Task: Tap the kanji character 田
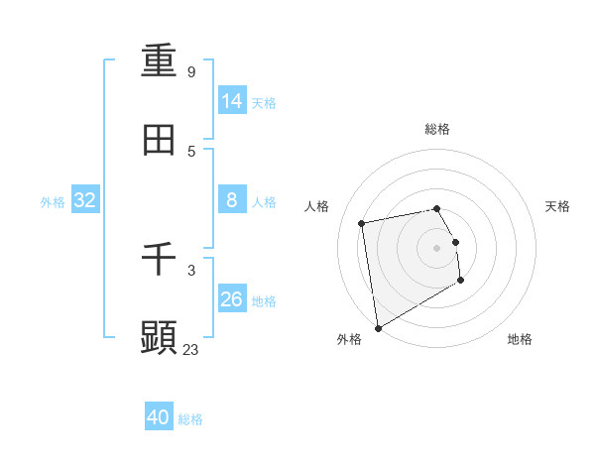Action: point(159,141)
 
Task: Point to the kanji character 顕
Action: point(159,338)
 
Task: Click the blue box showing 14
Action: point(232,100)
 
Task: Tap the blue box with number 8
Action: point(232,200)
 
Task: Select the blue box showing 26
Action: point(232,298)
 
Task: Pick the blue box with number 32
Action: point(85,200)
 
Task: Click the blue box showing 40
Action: point(159,417)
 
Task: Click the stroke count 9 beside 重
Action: point(191,72)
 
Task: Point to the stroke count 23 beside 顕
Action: point(191,350)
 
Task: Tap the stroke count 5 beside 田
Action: point(191,152)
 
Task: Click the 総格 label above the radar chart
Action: point(437,129)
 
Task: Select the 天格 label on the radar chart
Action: point(558,206)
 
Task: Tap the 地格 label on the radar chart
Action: point(520,339)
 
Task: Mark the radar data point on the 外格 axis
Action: point(378,327)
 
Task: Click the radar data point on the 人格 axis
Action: point(362,222)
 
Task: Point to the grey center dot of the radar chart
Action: point(437,247)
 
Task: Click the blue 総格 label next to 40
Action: point(190,419)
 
